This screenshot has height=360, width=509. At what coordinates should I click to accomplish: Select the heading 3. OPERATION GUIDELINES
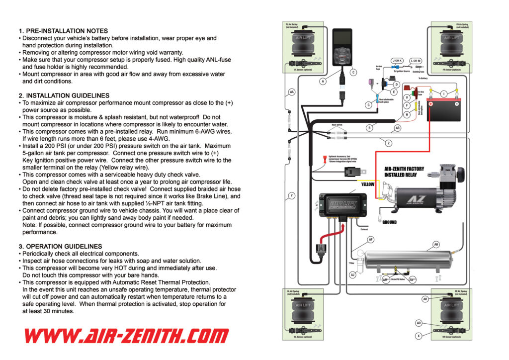tap(61, 246)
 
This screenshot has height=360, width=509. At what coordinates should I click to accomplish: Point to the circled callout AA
tap(292, 92)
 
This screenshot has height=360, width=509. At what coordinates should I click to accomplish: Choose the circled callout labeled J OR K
tap(397, 60)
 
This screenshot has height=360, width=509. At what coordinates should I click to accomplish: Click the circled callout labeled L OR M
tap(416, 60)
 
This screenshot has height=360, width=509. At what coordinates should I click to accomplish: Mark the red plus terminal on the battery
tap(432, 105)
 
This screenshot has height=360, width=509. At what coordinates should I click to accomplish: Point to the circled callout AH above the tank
tap(436, 244)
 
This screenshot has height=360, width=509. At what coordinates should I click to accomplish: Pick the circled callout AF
tap(370, 240)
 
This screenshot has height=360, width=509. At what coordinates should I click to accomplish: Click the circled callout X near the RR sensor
tap(419, 336)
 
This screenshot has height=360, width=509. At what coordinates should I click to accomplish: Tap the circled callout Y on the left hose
tap(292, 195)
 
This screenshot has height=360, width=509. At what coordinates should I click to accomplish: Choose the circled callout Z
tap(388, 143)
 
